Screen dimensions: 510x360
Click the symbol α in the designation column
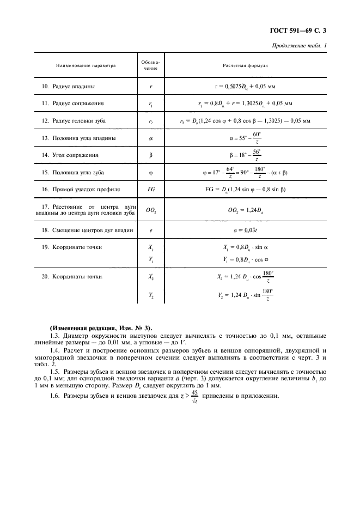[x=151, y=138]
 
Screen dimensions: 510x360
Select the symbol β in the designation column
[x=151, y=155]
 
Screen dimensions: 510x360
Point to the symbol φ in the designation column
[x=151, y=173]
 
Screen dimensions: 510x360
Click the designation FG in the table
[x=151, y=190]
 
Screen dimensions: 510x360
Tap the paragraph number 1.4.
[x=54, y=351]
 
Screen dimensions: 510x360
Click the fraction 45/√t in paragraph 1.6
[x=194, y=396]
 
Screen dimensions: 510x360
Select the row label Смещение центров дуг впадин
[x=88, y=230]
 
